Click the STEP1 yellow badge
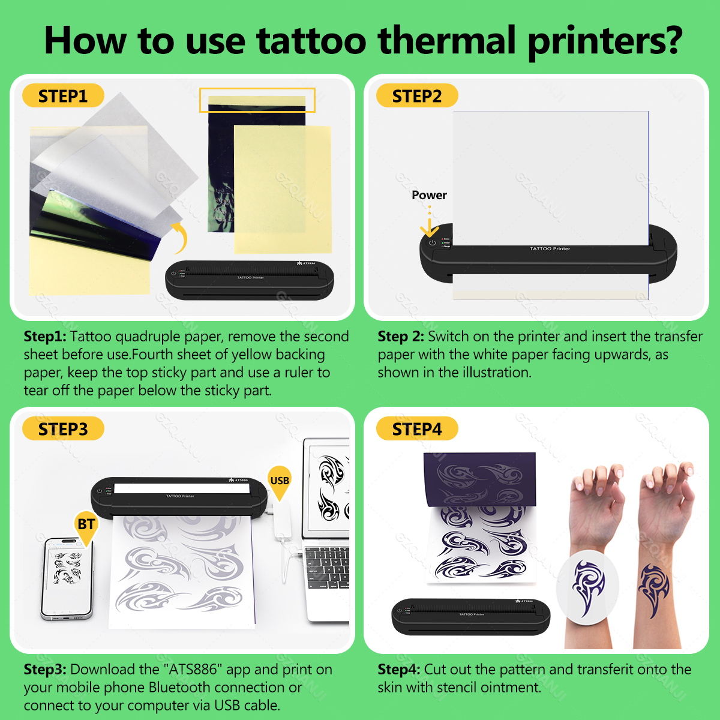click(63, 96)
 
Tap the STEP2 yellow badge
click(417, 96)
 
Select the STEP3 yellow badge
click(63, 429)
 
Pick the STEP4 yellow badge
click(417, 429)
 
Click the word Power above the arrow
click(429, 195)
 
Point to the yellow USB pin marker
click(280, 481)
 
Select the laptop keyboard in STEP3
click(327, 567)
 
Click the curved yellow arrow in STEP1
click(180, 237)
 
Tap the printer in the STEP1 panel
click(250, 280)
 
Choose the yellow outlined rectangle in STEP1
click(257, 100)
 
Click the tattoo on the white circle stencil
click(588, 585)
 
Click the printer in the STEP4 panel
click(471, 617)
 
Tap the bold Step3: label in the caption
click(45, 670)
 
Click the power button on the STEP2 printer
click(432, 242)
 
